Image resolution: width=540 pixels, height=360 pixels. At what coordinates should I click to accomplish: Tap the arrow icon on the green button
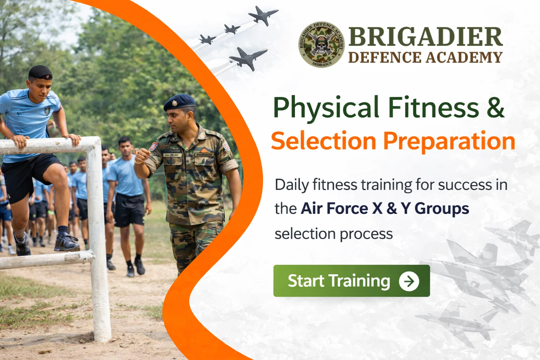(409, 281)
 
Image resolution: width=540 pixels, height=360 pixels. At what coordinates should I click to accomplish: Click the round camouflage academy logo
(321, 45)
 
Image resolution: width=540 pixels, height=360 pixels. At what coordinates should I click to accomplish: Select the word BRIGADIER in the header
(425, 37)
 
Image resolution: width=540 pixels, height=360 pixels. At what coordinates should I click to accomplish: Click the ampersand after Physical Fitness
(496, 108)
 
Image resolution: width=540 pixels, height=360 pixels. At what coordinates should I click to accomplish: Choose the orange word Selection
(323, 141)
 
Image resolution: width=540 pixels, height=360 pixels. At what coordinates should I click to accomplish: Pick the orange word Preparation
(449, 141)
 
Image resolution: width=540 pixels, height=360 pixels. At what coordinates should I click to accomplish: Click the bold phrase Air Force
(334, 208)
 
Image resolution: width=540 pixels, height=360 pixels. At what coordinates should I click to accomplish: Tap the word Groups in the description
(442, 208)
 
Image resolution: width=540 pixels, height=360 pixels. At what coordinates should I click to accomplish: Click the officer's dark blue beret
(180, 102)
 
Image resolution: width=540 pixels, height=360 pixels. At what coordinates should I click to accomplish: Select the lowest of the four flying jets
(247, 58)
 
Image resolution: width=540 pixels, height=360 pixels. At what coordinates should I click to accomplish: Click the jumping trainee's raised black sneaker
(66, 243)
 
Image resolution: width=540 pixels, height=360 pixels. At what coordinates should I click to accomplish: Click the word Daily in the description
(291, 185)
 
